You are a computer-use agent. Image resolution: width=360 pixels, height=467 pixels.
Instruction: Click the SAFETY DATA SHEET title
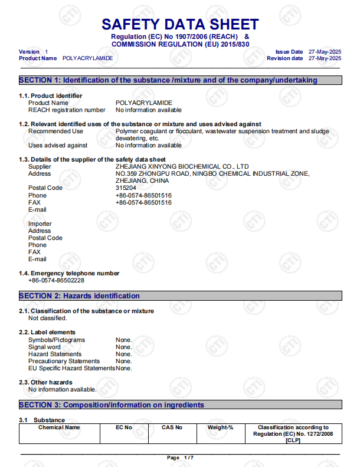[180, 24]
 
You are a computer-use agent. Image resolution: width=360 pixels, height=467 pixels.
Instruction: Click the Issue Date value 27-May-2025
[325, 52]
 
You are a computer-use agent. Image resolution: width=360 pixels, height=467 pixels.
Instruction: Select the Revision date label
[284, 58]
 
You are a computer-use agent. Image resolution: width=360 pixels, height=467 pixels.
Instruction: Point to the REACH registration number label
[67, 110]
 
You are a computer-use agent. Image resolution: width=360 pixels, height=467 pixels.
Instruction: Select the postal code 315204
[126, 188]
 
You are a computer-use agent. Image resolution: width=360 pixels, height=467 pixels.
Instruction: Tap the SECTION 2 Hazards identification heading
[80, 296]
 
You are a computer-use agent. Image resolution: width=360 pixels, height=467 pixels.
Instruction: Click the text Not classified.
[48, 318]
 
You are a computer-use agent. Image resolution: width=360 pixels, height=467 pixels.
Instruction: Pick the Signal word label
[44, 347]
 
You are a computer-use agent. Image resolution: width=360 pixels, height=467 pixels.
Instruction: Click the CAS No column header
[172, 427]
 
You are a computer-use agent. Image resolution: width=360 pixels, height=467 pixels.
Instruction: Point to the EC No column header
[124, 427]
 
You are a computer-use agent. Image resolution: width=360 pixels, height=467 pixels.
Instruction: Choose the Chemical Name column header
[59, 427]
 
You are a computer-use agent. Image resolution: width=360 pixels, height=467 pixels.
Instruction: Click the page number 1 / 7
[180, 458]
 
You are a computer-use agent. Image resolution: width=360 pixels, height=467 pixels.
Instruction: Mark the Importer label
[40, 224]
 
